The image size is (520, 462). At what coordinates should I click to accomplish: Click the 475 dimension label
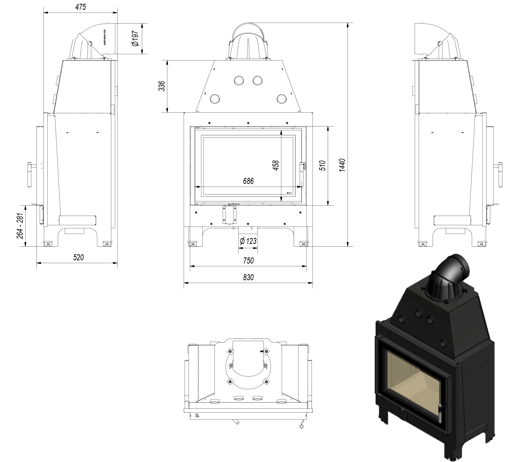[x=81, y=7]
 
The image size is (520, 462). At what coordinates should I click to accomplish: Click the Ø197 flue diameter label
[x=135, y=38]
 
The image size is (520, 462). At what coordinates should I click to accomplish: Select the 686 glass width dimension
[x=248, y=181]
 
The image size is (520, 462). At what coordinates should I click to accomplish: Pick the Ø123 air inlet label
[x=248, y=241]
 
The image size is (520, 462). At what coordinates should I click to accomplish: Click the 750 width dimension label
[x=248, y=260]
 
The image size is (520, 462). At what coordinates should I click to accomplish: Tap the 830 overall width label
[x=248, y=277]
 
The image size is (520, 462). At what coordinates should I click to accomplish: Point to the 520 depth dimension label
[x=78, y=257]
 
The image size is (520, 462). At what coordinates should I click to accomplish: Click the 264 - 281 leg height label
[x=20, y=226]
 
